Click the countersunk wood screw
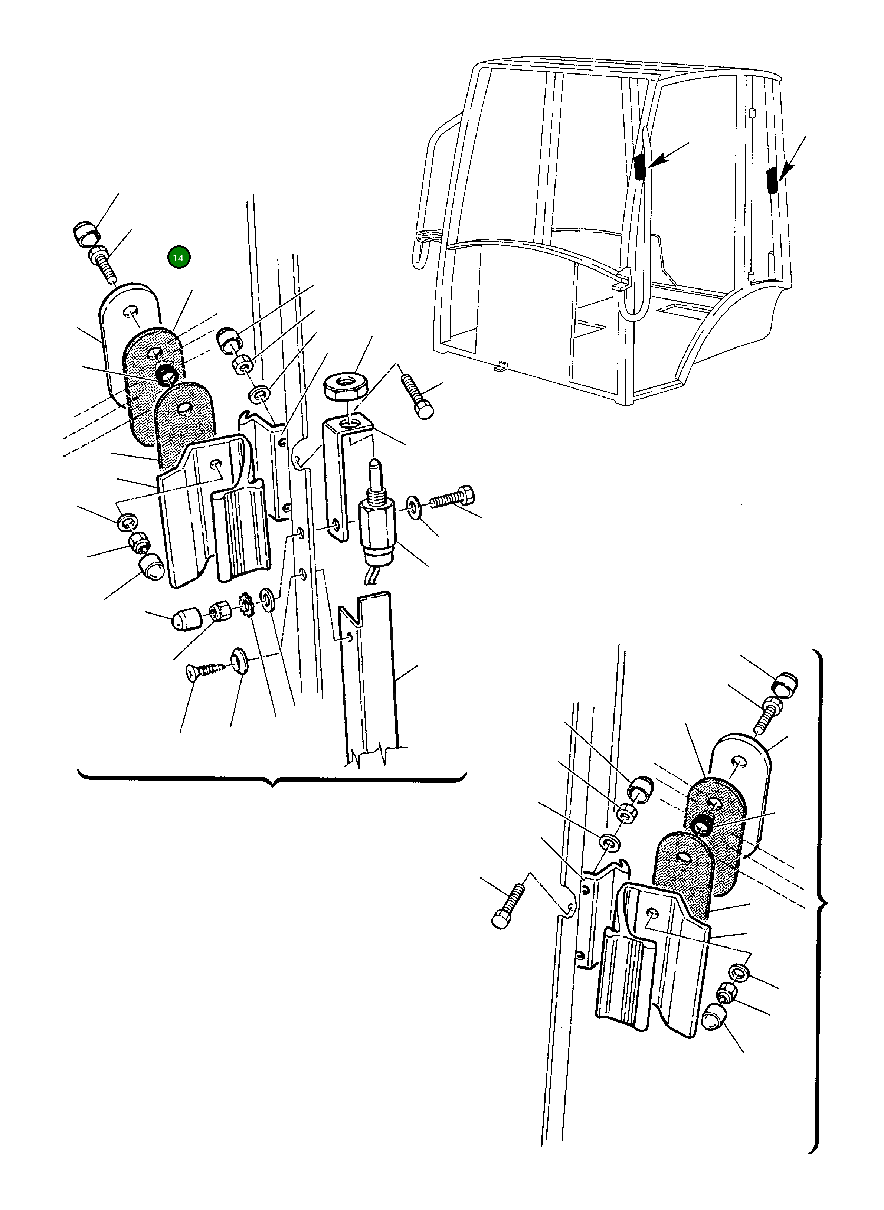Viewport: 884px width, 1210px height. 206,670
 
